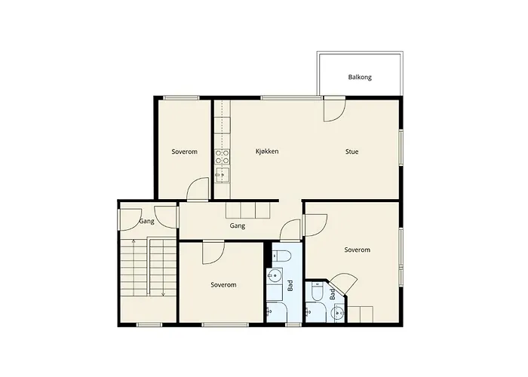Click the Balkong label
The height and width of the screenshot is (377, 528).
(x=360, y=77)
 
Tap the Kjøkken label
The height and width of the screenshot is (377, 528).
(x=267, y=152)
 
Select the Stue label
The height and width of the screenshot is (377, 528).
(x=351, y=152)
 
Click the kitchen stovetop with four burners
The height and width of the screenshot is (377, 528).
(x=223, y=157)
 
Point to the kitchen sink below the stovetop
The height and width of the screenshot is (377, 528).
(x=223, y=175)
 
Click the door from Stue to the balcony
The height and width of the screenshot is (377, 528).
(x=334, y=109)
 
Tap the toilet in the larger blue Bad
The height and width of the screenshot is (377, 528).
(x=283, y=256)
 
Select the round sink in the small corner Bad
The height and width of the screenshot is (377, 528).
(x=337, y=313)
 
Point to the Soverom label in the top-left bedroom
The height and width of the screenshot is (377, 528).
(x=184, y=152)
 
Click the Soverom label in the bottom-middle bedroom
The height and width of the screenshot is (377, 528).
(x=223, y=285)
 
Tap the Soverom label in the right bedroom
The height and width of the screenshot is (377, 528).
(x=357, y=250)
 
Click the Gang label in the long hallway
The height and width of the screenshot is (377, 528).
(x=237, y=225)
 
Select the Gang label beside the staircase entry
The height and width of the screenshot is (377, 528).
(x=146, y=221)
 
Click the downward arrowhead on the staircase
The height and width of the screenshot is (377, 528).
(x=164, y=295)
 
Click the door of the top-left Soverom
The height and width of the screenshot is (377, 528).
(x=198, y=189)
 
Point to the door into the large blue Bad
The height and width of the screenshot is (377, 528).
(x=290, y=229)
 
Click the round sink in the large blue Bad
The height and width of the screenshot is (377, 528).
(x=275, y=276)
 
